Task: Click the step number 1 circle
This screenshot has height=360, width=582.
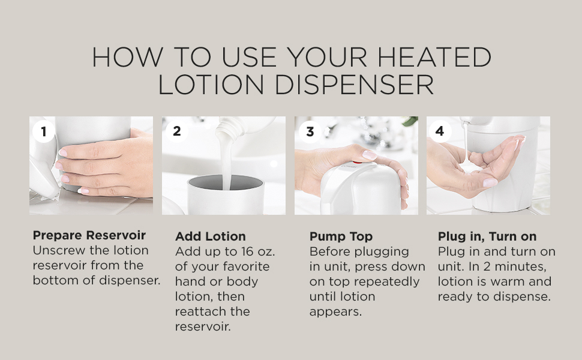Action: (44, 131)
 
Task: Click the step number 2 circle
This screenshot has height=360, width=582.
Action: (176, 131)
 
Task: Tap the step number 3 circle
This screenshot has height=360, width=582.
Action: (310, 131)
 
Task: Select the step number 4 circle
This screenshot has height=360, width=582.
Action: (440, 131)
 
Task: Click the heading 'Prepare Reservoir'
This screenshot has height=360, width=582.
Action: (89, 235)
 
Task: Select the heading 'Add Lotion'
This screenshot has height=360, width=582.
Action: (210, 236)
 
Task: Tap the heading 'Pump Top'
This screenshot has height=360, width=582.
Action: (341, 236)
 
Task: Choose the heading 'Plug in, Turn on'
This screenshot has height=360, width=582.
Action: (487, 236)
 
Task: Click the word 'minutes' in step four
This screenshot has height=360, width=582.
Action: (520, 266)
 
